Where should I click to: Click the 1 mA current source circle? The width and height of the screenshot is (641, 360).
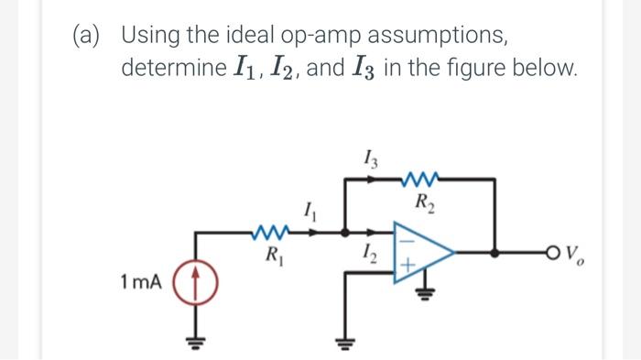point(193,281)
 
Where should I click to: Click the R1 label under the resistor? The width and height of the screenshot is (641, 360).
point(272,255)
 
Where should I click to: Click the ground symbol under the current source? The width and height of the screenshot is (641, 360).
point(193,346)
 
